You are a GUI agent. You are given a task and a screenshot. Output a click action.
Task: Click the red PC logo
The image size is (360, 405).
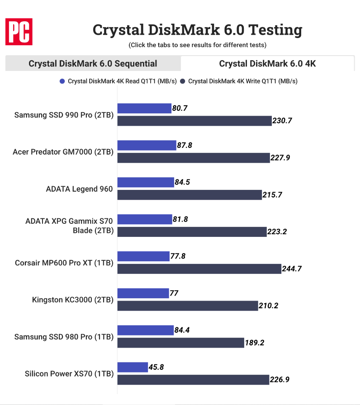click(x=19, y=32)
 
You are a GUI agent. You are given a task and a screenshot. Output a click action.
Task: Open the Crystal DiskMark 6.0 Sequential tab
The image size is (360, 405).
click(x=93, y=64)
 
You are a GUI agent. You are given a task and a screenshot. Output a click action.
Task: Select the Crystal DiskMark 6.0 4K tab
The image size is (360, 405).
click(x=267, y=64)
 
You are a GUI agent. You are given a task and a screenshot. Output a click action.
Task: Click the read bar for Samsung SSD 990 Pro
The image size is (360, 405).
click(x=144, y=108)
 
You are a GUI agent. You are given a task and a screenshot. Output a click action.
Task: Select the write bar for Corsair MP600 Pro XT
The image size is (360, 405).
click(x=199, y=269)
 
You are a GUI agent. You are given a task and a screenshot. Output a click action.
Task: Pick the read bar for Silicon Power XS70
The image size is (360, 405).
click(x=133, y=367)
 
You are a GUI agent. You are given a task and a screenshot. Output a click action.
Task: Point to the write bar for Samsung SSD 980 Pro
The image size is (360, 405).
click(x=181, y=343)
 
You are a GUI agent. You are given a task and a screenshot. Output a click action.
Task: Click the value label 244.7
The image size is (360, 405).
click(x=293, y=269)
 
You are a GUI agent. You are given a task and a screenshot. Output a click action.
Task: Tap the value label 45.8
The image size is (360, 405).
click(x=156, y=367)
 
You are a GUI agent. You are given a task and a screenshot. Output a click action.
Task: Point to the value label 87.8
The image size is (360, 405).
click(x=184, y=146)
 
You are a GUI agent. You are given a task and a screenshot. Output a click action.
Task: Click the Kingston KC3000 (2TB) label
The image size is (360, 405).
click(x=72, y=300)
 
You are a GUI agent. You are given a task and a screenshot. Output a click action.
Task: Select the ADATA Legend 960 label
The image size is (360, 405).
click(x=79, y=189)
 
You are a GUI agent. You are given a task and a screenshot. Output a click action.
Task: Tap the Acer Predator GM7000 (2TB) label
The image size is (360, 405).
click(x=63, y=152)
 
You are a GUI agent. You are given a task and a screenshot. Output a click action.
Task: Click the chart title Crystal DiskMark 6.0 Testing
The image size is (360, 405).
click(x=197, y=30)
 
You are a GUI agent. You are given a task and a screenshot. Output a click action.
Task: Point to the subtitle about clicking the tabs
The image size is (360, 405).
click(x=197, y=45)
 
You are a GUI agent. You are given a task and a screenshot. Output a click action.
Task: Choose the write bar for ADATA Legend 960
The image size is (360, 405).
click(x=190, y=195)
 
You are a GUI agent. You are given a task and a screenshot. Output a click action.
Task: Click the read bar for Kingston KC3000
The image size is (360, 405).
click(x=143, y=293)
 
